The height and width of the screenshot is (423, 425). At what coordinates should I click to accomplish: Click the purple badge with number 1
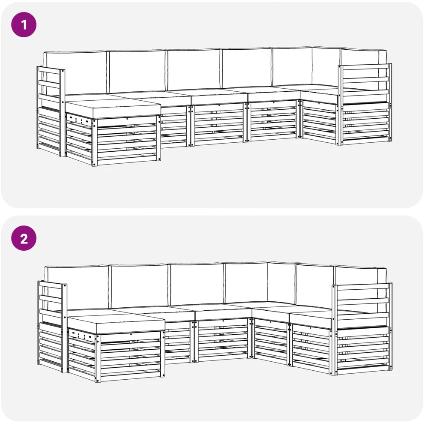coord(24,25)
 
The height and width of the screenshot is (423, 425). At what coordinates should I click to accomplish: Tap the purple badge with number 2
coord(24,238)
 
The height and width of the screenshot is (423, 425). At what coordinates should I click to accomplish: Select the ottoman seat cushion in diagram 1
coord(113,108)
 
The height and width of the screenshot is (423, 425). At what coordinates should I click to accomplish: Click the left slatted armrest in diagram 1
coord(51,111)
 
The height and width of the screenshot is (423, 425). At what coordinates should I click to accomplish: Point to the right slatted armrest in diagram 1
coord(365,105)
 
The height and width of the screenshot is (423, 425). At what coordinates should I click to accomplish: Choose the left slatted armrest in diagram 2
coord(52,327)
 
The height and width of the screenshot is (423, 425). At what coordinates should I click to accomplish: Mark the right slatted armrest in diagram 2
coord(362,329)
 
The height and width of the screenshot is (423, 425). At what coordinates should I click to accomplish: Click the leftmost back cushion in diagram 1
coord(75,73)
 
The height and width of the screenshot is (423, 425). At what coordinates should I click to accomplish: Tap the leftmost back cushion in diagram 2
coord(77,288)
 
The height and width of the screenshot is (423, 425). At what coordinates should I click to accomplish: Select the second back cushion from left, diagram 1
coord(136,72)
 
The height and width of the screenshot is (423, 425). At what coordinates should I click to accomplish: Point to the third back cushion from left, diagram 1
coord(193,70)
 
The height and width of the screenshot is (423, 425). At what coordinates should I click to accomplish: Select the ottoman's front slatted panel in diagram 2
coord(130,356)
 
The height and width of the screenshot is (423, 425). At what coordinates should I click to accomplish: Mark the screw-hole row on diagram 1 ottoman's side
coord(79,119)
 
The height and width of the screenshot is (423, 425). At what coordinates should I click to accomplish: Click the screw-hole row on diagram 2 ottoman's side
coord(81,334)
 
